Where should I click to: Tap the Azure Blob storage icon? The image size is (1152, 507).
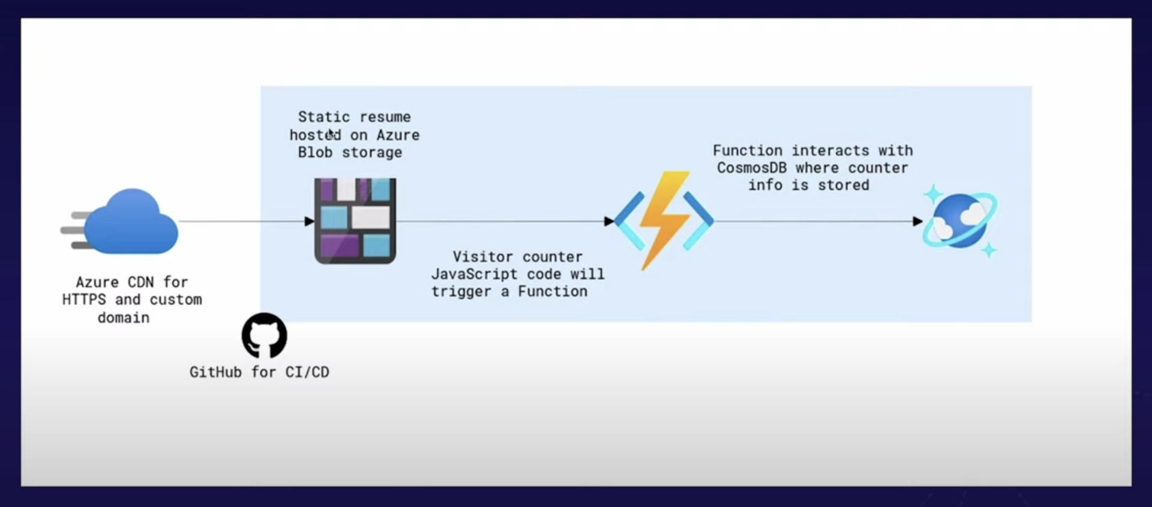355,221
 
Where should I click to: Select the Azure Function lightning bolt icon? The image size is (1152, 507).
664,220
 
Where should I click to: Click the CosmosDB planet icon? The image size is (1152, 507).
959,221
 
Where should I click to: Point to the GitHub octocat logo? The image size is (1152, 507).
264,335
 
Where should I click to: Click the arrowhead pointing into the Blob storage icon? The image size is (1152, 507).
310,221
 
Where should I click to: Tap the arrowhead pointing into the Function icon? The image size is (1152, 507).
609,221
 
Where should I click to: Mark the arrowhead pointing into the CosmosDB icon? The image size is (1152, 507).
918,221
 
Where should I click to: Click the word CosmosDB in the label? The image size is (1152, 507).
752,168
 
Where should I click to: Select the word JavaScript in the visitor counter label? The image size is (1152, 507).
475,274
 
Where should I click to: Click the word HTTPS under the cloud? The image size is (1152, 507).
84,299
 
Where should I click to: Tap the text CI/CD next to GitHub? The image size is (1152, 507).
307,372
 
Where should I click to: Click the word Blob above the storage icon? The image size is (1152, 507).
315,152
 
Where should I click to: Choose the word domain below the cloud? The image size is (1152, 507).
124,317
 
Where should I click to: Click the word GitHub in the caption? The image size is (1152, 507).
215,372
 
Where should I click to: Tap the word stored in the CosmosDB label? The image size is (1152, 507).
844,185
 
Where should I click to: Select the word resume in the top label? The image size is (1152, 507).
385,117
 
